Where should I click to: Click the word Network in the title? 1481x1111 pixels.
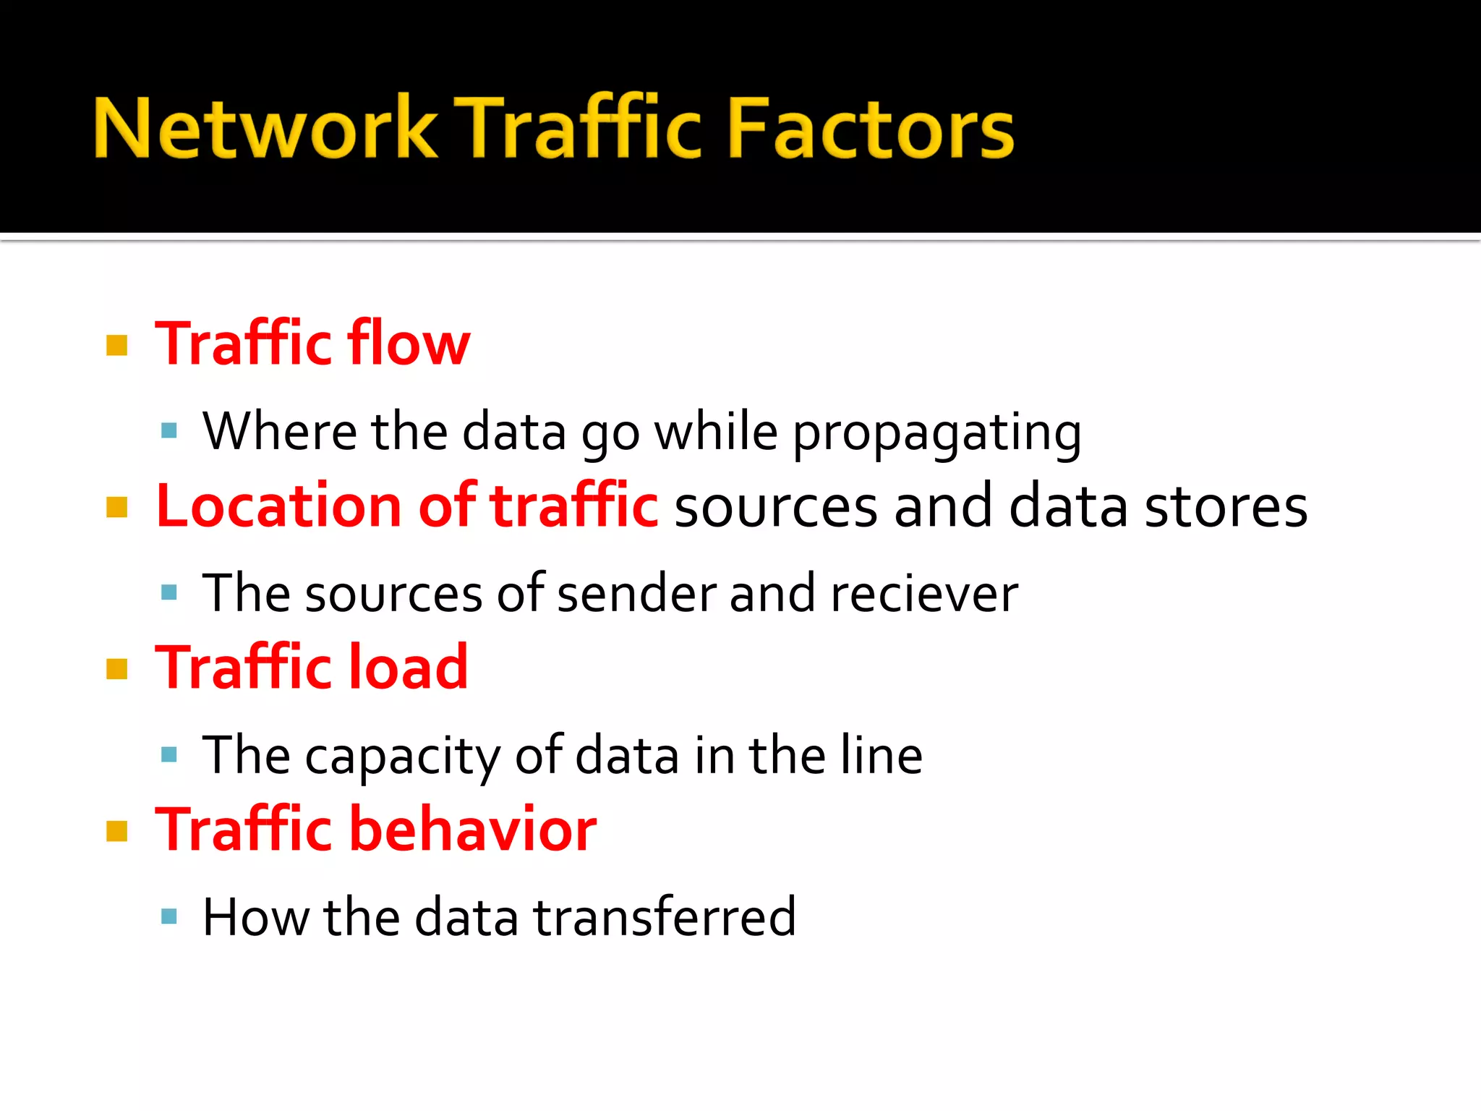265,129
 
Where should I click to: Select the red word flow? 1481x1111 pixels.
409,344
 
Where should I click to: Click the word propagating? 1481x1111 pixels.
937,433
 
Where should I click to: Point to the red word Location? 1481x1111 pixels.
278,506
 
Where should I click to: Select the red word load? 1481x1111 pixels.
409,668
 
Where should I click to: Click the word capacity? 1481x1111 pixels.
402,757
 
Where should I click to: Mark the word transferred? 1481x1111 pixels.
665,918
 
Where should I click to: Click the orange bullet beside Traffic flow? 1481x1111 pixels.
116,346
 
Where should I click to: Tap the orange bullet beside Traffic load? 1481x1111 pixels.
116,669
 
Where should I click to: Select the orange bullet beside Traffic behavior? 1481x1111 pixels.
116,831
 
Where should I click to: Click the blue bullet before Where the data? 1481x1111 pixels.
169,432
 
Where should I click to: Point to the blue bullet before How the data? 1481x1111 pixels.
169,917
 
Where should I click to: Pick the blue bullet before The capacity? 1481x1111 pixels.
169,755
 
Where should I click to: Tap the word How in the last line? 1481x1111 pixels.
255,918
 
